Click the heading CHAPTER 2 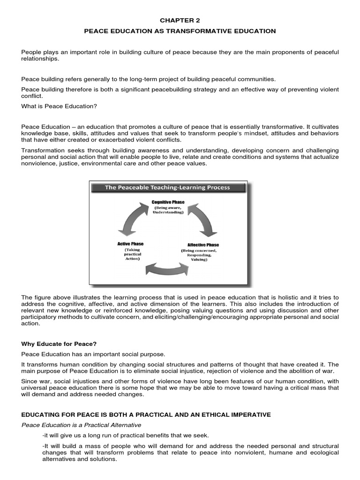pos(180,20)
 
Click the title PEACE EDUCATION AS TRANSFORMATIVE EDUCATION pos(180,31)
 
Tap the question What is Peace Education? pos(59,106)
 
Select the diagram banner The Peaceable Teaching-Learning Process pos(167,187)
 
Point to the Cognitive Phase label pos(168,202)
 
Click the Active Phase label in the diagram pos(130,244)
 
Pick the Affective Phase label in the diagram pos(203,245)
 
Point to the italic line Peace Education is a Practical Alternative pos(81,425)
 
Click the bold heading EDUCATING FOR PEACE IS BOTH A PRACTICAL pos(146,415)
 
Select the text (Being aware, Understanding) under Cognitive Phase pos(168,210)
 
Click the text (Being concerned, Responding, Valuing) pos(202,255)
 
